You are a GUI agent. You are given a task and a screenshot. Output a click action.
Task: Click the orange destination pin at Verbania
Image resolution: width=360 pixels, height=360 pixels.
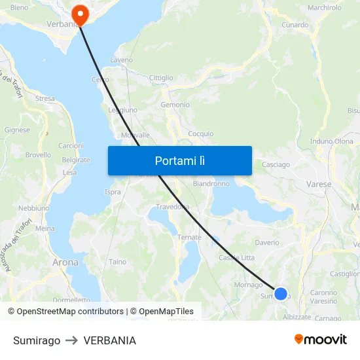click(81, 14)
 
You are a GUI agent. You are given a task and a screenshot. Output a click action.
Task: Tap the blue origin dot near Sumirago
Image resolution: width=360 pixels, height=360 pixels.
click(281, 294)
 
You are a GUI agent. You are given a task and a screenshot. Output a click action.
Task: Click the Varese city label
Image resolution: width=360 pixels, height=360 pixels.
click(319, 185)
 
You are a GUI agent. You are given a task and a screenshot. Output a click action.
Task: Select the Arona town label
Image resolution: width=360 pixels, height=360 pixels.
click(65, 262)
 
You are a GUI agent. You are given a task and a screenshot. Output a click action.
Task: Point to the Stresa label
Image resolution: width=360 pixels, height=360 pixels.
click(45, 99)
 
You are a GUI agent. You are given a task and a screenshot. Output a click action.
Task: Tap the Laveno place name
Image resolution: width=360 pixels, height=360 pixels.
click(122, 60)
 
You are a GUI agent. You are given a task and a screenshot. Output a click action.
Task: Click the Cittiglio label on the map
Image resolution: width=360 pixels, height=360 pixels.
click(161, 78)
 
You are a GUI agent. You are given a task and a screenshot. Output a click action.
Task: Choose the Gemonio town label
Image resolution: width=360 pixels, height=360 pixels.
click(175, 105)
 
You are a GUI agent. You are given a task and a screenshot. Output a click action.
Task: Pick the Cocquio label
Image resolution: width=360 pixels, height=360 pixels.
click(201, 134)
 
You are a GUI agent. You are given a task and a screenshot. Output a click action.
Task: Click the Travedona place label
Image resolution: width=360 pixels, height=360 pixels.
click(172, 207)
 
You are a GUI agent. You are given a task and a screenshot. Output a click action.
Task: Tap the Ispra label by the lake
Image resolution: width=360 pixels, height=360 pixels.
click(113, 192)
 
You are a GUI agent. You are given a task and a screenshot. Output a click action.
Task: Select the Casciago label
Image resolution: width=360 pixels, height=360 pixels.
click(276, 165)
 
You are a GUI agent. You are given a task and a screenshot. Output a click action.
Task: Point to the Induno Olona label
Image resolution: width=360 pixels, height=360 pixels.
click(331, 141)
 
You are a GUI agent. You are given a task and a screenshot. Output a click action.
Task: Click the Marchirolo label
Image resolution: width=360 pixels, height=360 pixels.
click(325, 8)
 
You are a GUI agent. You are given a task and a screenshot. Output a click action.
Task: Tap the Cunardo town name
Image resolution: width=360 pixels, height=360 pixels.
click(295, 25)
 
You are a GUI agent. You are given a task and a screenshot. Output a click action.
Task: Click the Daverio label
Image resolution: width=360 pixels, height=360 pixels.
click(267, 242)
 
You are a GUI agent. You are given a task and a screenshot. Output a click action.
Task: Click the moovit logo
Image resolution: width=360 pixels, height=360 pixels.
click(320, 340)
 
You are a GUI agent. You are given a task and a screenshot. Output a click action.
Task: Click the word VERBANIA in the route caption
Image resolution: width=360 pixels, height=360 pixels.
click(110, 340)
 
